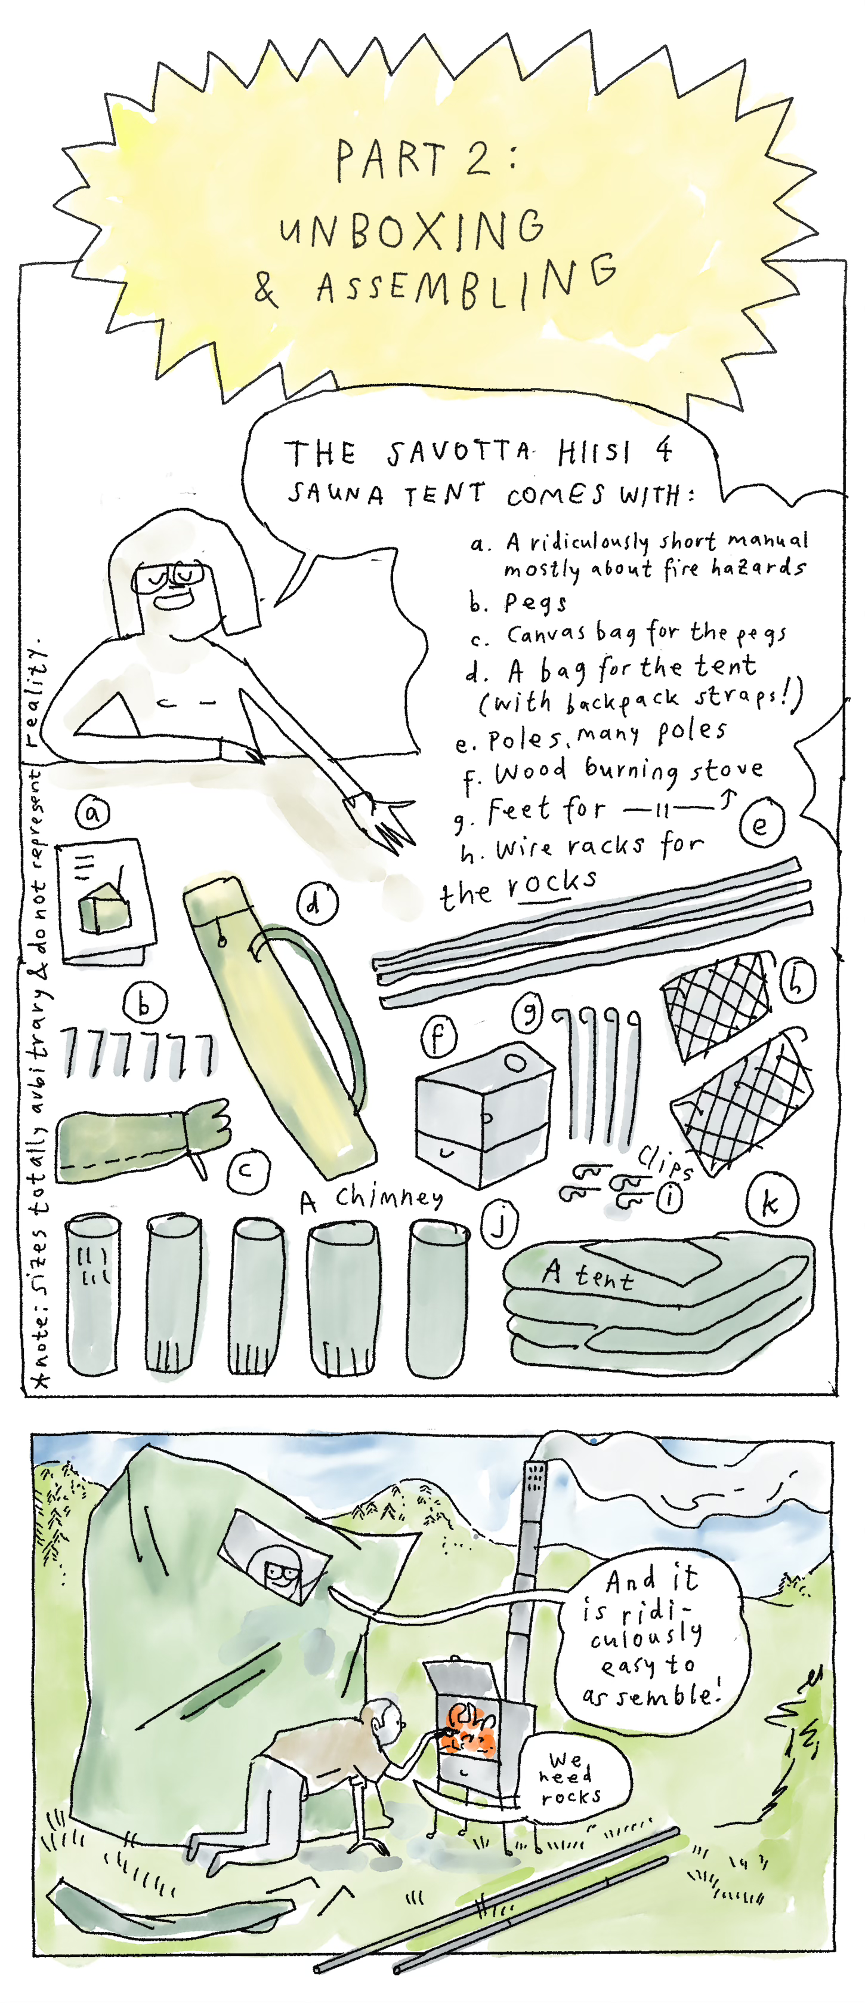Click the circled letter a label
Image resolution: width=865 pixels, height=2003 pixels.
[x=92, y=813]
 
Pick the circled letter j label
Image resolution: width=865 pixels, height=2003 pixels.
[x=501, y=1223]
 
